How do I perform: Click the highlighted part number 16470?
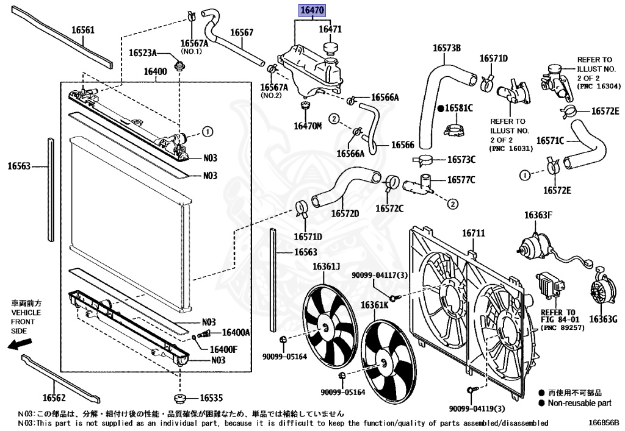[312, 10]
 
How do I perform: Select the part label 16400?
[155, 71]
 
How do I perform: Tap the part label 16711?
[473, 233]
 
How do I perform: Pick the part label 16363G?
[604, 318]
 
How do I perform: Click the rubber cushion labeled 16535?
[181, 399]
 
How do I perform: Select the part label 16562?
[54, 398]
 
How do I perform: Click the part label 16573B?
[447, 48]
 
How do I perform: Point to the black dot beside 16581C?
[439, 108]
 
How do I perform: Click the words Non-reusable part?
[579, 403]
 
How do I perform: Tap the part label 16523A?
[143, 53]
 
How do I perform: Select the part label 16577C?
[461, 180]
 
